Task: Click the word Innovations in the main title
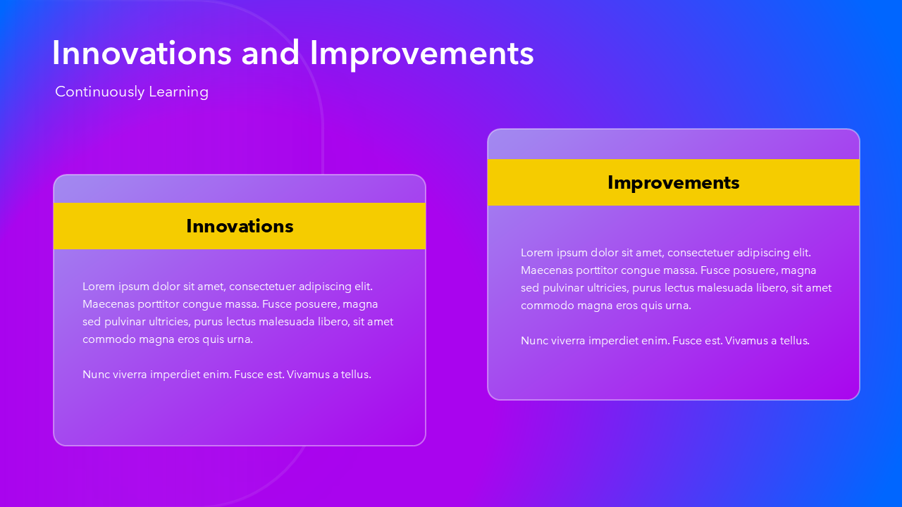[142, 53]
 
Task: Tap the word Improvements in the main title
[421, 55]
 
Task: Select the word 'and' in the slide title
[270, 53]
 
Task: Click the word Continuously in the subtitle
[100, 92]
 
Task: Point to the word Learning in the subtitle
[178, 92]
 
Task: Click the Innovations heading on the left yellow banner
[240, 226]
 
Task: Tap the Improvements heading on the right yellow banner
[673, 183]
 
